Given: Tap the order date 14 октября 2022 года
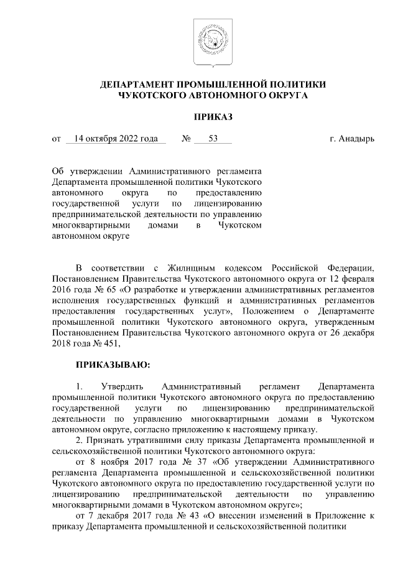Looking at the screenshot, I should pyautogui.click(x=115, y=138).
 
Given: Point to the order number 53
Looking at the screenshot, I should pyautogui.click(x=213, y=138).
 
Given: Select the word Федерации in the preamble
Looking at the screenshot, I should pyautogui.click(x=350, y=268).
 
